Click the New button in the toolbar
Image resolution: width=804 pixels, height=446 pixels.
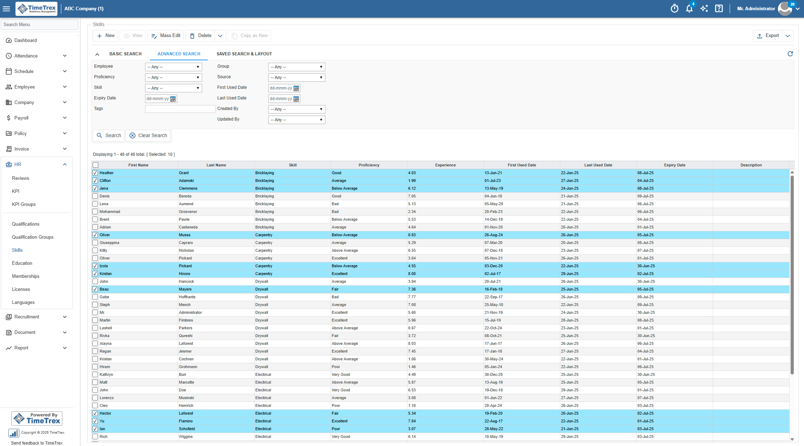point(105,36)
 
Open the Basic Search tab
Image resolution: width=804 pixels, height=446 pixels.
point(125,54)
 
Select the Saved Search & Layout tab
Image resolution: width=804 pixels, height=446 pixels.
point(244,54)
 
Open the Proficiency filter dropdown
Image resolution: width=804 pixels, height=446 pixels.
point(173,78)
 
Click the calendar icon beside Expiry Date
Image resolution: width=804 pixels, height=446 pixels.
point(173,99)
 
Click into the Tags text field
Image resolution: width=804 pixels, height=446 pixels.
point(180,109)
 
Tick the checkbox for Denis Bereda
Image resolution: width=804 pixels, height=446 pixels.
point(95,196)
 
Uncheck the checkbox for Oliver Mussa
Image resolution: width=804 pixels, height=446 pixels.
point(95,235)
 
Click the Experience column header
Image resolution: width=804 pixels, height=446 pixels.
point(445,165)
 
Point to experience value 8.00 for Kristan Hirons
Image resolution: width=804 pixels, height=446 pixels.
point(412,274)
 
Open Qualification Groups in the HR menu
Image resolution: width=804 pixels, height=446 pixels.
point(33,237)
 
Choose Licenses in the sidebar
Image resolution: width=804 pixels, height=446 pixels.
point(21,289)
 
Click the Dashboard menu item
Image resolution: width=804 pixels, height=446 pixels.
point(26,40)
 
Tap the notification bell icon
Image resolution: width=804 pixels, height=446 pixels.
point(689,8)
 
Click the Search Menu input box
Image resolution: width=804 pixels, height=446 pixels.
point(39,24)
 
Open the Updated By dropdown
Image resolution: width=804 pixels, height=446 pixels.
point(297,120)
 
